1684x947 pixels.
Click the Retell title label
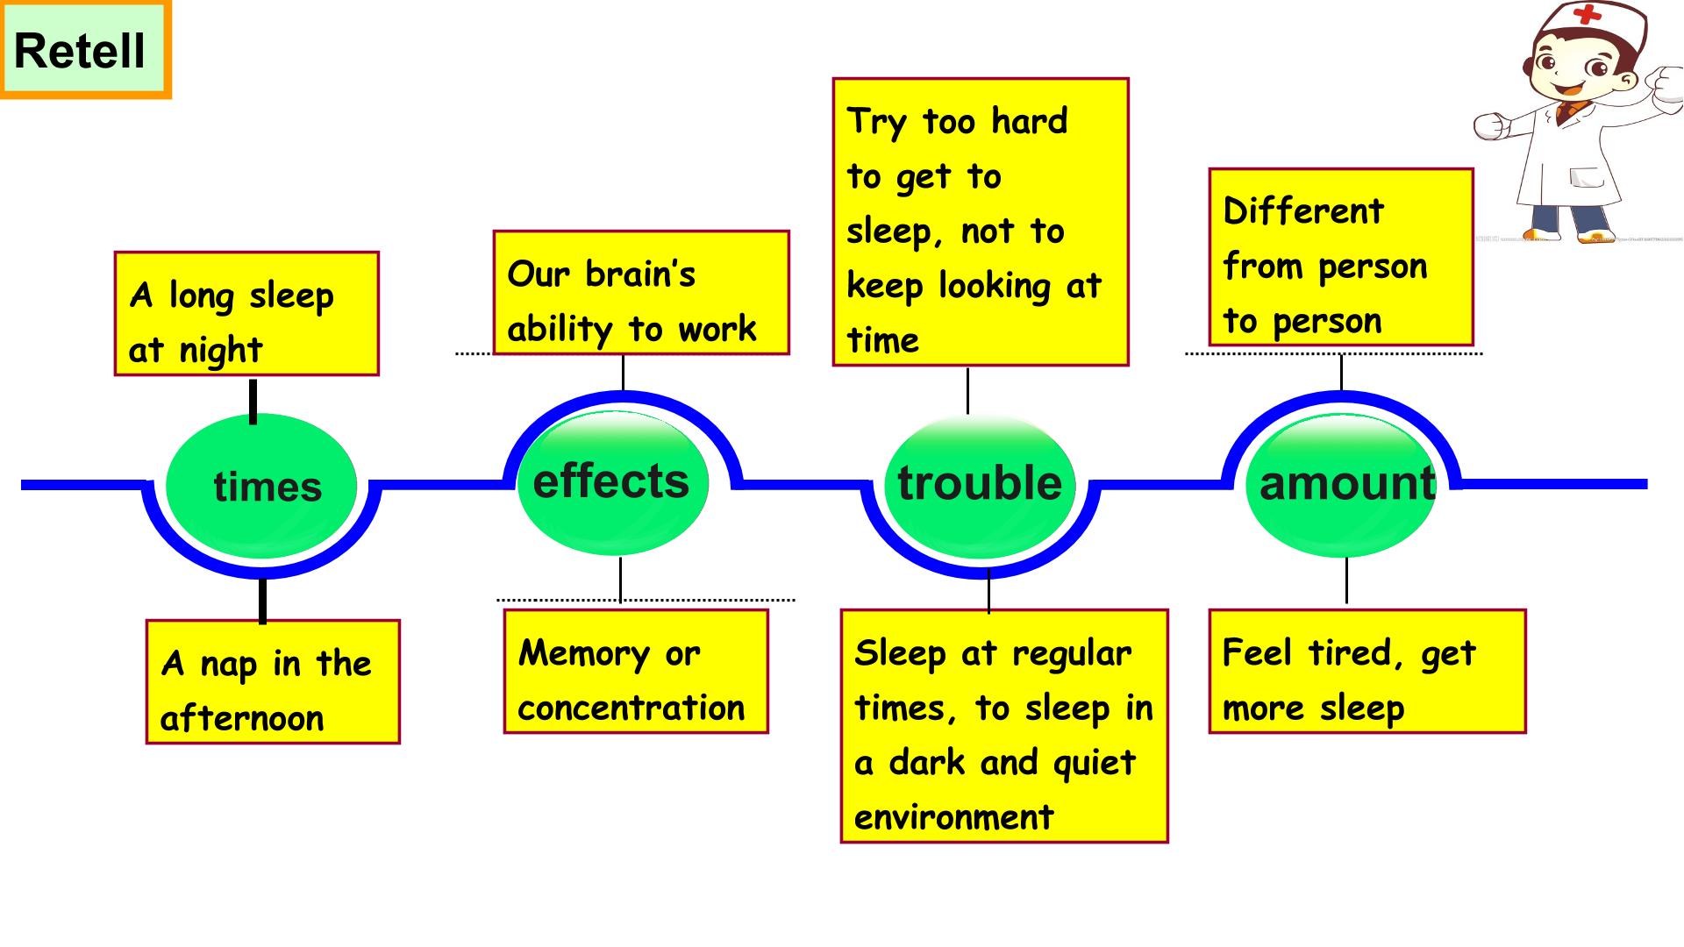(x=85, y=50)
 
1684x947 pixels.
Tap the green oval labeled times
(x=261, y=485)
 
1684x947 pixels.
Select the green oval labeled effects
(x=612, y=483)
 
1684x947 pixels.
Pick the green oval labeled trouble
(x=980, y=485)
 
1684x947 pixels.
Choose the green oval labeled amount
(x=1341, y=485)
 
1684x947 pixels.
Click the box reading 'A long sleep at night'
(x=246, y=314)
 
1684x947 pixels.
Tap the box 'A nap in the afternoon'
(x=273, y=682)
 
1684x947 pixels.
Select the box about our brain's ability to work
(x=641, y=293)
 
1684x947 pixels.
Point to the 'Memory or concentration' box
(x=636, y=672)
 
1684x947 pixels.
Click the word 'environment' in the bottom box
(x=953, y=817)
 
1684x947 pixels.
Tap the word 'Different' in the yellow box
(x=1303, y=210)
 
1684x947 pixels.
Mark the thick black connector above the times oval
(x=253, y=402)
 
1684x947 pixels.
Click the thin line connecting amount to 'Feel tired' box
(x=1346, y=580)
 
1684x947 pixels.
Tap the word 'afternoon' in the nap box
(x=242, y=718)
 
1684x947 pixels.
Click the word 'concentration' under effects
(x=631, y=708)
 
